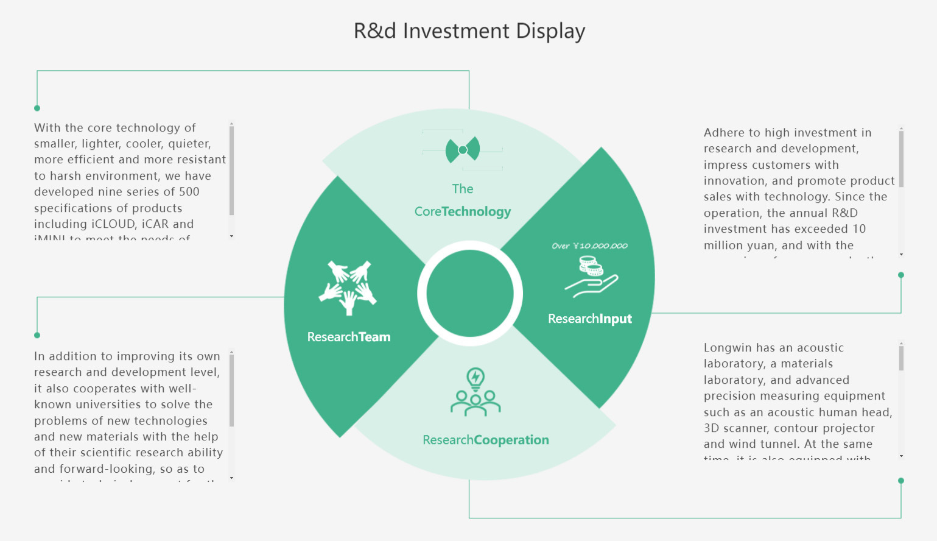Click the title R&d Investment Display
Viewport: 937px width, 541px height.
(x=469, y=31)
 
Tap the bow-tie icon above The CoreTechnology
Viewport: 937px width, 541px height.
(x=463, y=150)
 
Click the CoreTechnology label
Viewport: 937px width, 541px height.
(x=463, y=211)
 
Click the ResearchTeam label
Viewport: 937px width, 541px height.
(x=349, y=337)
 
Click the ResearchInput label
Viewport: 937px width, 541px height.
(x=589, y=319)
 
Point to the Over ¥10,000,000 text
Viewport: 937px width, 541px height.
(x=589, y=246)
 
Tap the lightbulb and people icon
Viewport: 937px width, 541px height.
(x=476, y=392)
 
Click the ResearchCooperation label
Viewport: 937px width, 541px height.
(x=486, y=440)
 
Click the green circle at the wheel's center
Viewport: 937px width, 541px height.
(x=469, y=294)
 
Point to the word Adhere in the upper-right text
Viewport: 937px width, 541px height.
(x=723, y=133)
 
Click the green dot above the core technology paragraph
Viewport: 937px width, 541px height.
(x=37, y=108)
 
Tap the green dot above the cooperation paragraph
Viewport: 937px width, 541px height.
(x=37, y=335)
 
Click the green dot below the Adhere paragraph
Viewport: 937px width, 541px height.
(x=901, y=275)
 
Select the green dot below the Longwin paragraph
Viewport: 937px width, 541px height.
(x=901, y=481)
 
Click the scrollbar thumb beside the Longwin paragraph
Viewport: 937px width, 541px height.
(x=901, y=357)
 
